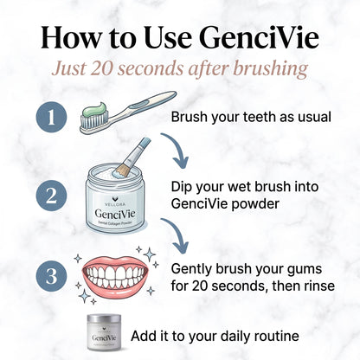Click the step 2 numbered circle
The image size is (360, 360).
pyautogui.click(x=50, y=195)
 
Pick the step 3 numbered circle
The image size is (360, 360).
pyautogui.click(x=50, y=279)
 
